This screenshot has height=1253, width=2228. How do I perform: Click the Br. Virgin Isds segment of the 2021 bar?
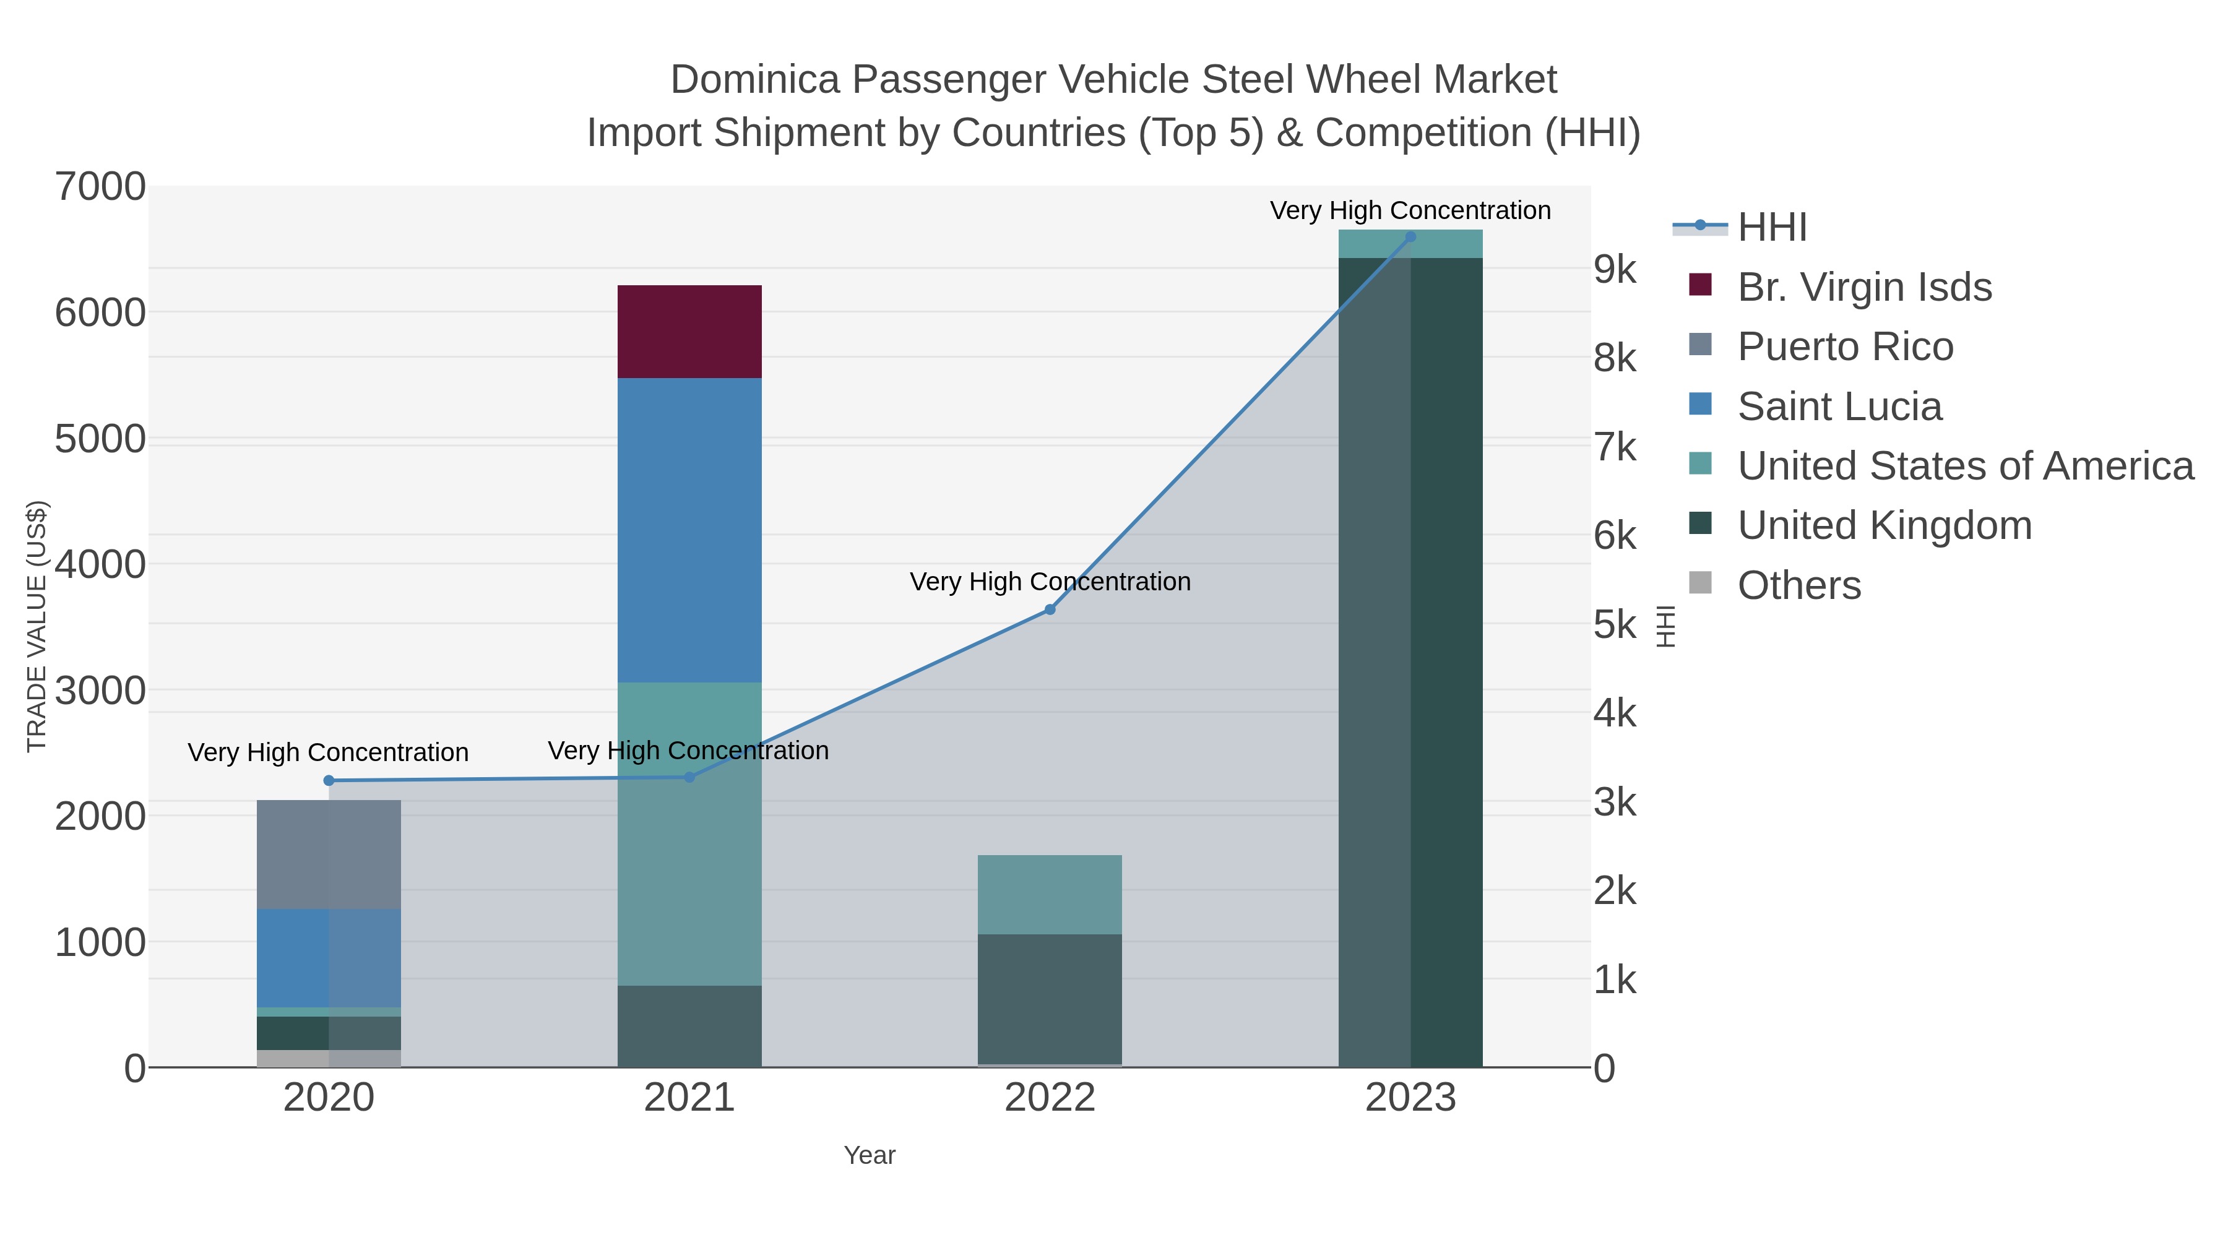click(689, 331)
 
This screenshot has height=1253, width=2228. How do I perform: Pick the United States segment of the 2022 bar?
click(1049, 894)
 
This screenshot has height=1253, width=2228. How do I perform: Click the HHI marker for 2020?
click(329, 780)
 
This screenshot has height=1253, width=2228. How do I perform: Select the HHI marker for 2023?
click(1410, 237)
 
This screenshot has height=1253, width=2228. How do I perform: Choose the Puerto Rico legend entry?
click(1845, 347)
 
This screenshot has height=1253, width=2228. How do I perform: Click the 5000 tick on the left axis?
click(100, 439)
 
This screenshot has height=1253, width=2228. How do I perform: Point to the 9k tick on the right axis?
click(1615, 270)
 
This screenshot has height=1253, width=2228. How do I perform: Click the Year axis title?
click(870, 1155)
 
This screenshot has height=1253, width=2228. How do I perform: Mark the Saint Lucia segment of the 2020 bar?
click(329, 957)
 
